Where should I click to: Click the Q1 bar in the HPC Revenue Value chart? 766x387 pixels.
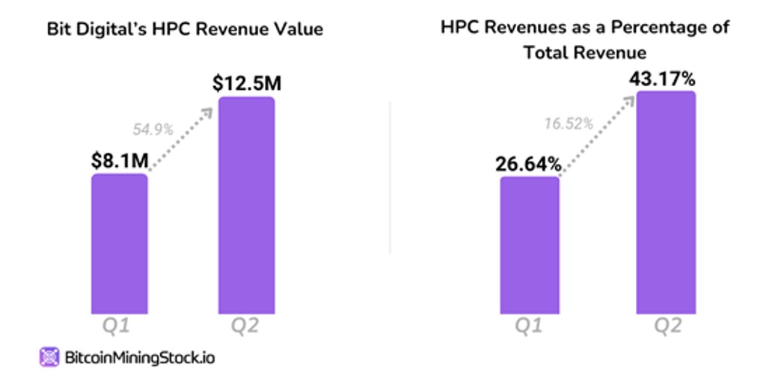click(120, 243)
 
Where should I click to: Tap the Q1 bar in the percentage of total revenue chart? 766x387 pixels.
click(529, 245)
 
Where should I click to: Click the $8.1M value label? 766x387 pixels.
click(120, 160)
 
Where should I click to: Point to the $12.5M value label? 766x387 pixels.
click(247, 82)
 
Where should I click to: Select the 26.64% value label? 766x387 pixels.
click(528, 163)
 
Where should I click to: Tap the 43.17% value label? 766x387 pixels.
click(666, 78)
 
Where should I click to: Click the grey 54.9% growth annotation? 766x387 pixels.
click(153, 129)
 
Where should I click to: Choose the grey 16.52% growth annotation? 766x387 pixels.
click(569, 124)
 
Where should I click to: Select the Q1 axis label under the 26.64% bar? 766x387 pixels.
click(528, 327)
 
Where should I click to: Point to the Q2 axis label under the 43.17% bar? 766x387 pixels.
click(666, 327)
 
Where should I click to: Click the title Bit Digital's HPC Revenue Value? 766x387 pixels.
click(185, 30)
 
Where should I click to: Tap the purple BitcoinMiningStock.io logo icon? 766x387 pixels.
click(49, 357)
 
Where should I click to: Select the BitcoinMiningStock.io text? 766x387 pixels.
click(138, 358)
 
